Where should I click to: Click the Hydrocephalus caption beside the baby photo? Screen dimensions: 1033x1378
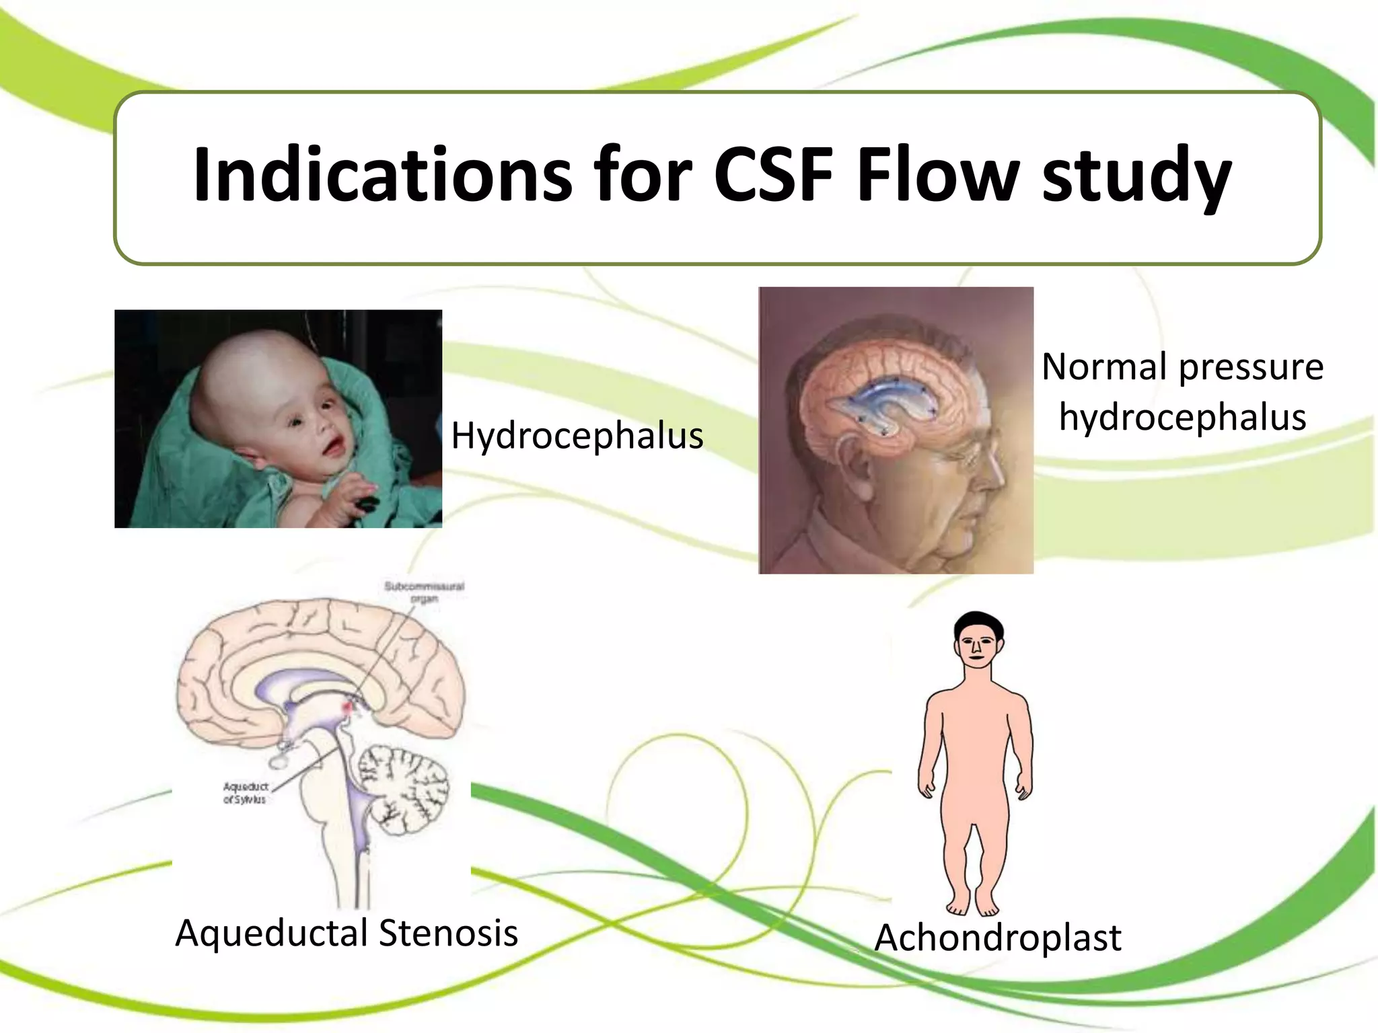(x=577, y=436)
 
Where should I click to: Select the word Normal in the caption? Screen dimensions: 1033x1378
(x=1104, y=367)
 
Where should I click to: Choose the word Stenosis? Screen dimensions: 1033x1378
(x=448, y=933)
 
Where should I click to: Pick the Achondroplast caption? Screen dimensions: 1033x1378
(x=998, y=938)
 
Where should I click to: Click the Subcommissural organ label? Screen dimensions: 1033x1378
(x=424, y=592)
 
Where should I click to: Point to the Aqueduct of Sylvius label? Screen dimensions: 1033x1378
(x=245, y=793)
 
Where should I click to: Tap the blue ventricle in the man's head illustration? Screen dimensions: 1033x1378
(x=881, y=404)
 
